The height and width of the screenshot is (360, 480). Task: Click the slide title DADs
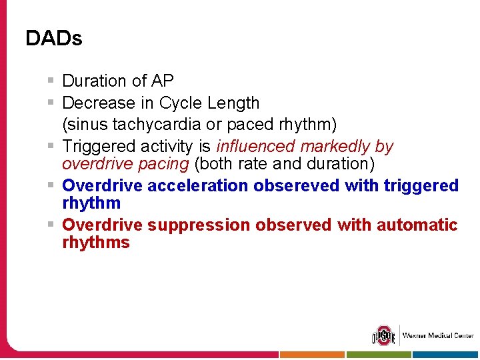coord(53,39)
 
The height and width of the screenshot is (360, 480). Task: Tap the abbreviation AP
coord(162,81)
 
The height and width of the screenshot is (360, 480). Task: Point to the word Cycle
coord(181,103)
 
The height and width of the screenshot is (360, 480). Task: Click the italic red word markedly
coord(335,146)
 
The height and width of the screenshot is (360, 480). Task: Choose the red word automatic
coord(417,225)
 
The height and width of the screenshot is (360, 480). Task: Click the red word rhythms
coord(95,243)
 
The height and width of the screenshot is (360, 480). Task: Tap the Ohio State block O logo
coord(383,335)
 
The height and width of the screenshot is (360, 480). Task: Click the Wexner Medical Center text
coord(437,335)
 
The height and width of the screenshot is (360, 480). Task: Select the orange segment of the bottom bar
coord(311,355)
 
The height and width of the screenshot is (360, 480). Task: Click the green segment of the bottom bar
coord(379,355)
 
